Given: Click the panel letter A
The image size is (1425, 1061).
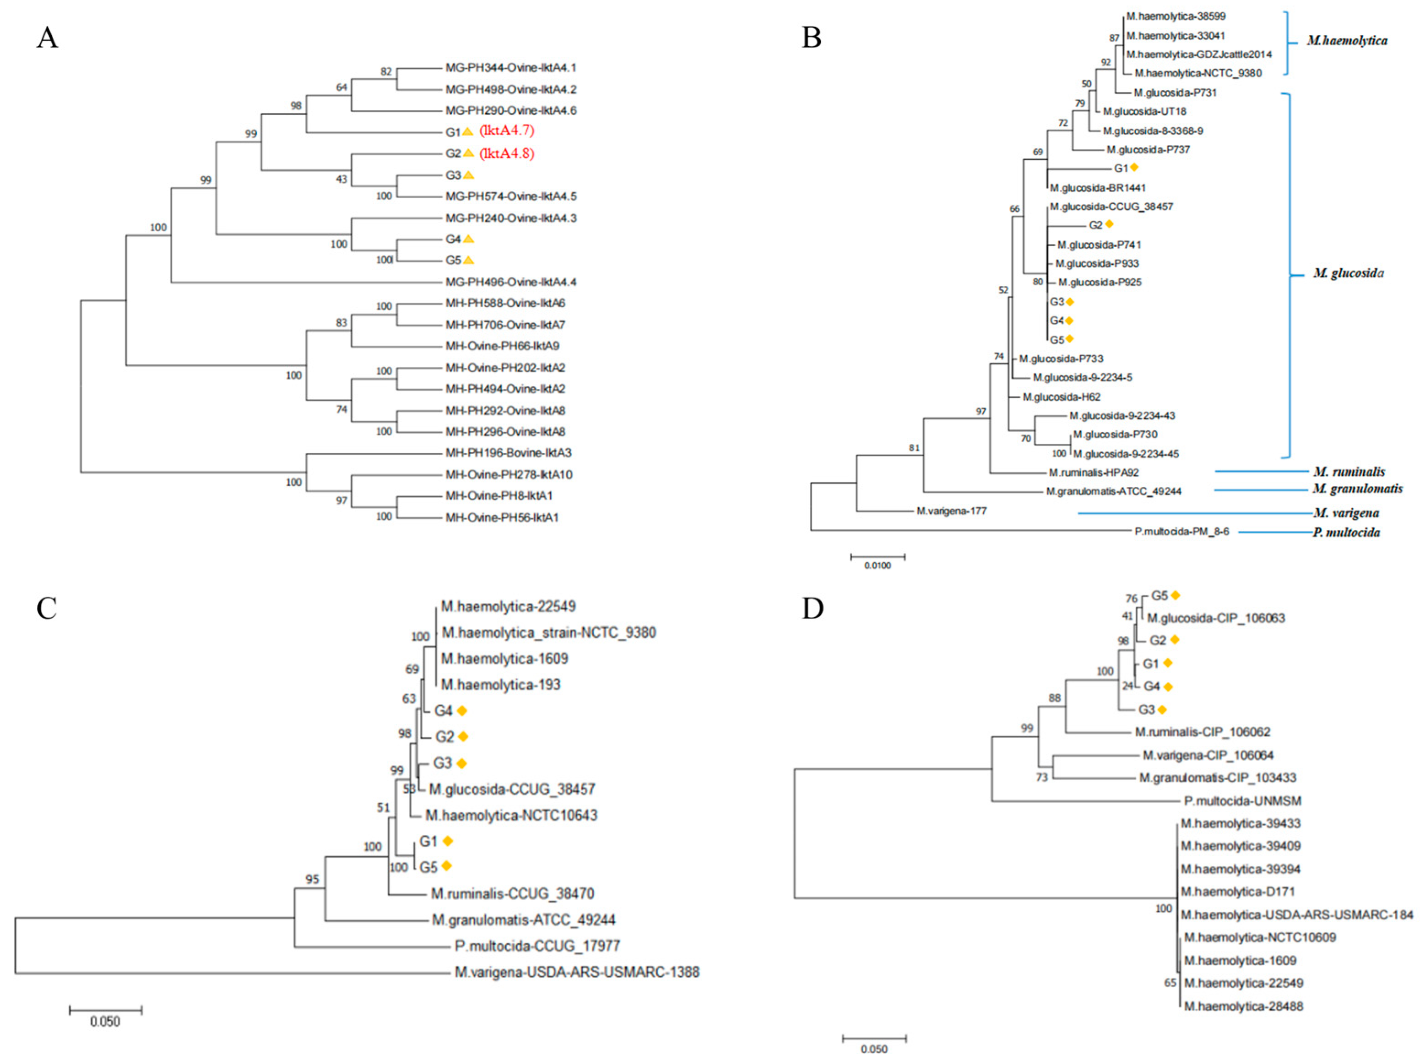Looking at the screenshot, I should coord(47,38).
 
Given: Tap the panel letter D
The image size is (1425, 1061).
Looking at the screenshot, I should coord(812,608).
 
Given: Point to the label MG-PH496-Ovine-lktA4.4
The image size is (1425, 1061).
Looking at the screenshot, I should coord(511,282).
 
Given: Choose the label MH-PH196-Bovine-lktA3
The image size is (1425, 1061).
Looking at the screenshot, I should coord(509,453).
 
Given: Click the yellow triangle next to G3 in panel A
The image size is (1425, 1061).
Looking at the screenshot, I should coord(469,174).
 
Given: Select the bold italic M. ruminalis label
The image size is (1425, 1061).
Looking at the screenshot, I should coord(1349,471).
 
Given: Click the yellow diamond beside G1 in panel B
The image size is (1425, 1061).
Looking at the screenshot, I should coord(1134,168).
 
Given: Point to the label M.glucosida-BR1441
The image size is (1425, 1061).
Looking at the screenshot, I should coord(1098,188).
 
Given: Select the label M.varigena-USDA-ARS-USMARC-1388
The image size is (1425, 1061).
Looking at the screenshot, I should coord(576,972).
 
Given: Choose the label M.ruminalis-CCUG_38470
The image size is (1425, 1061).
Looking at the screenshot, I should coord(512,893).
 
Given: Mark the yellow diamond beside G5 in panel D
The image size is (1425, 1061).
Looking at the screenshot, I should coord(1176,595).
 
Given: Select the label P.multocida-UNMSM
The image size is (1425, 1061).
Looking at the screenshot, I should coord(1233,801).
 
